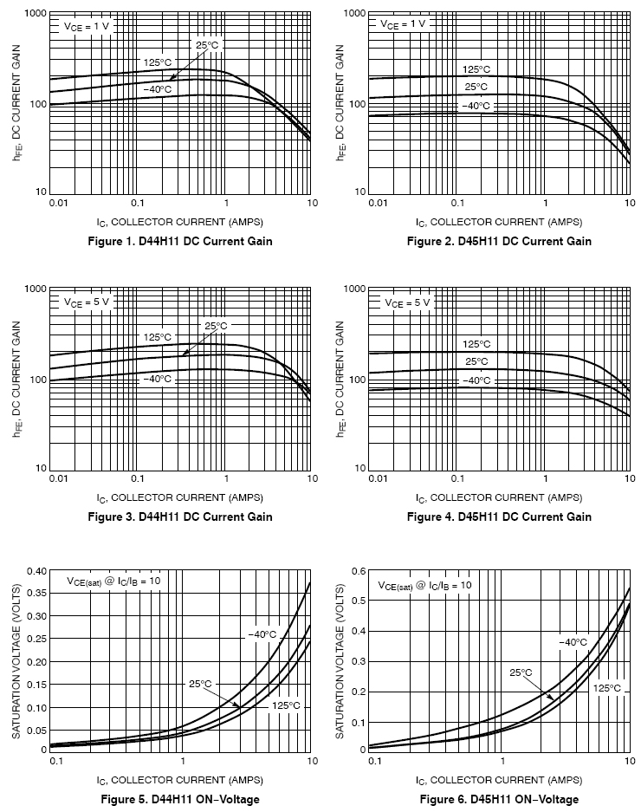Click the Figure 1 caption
[x=180, y=241]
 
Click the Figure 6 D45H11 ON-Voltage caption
[x=499, y=799]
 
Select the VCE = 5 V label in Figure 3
[x=87, y=302]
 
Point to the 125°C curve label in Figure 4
[x=476, y=344]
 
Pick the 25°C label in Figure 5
[x=200, y=684]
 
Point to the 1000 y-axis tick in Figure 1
[x=35, y=14]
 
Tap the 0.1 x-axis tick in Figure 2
[x=460, y=203]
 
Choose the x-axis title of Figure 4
[x=499, y=497]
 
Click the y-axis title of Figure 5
[x=16, y=660]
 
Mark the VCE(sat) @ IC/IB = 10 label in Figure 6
[x=424, y=586]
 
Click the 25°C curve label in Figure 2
[x=476, y=87]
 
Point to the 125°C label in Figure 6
[x=606, y=688]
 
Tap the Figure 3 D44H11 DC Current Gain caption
[x=180, y=516]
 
